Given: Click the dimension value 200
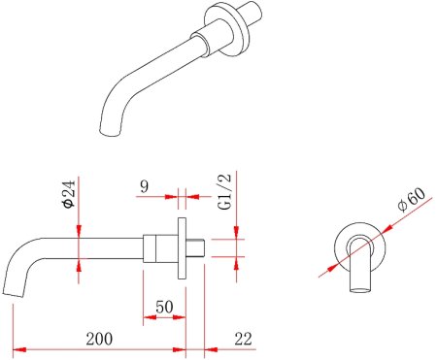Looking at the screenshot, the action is click(x=99, y=339).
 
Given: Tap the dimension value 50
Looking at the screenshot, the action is click(x=164, y=307).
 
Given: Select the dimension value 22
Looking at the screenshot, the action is click(x=243, y=339).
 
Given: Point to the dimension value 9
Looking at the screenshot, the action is click(x=145, y=186).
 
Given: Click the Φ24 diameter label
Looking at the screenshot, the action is click(x=69, y=193).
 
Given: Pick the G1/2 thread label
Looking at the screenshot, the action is click(x=225, y=191).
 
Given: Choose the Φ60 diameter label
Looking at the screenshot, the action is click(x=411, y=199).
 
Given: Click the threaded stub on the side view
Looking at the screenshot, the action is click(x=195, y=247).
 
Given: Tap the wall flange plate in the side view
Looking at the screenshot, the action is click(x=182, y=248).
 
